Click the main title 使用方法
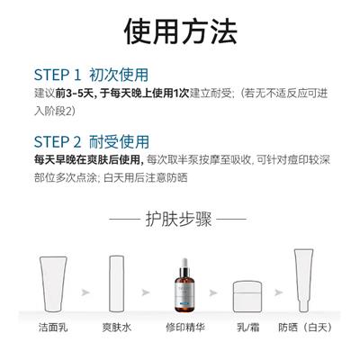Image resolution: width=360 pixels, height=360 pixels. tap(181, 31)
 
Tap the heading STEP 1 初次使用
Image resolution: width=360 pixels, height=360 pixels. tap(91, 75)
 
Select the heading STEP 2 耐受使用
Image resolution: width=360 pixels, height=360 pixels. tap(92, 142)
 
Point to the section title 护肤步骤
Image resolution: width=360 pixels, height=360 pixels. tap(179, 219)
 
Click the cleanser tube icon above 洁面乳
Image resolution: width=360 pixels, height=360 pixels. tap(53, 284)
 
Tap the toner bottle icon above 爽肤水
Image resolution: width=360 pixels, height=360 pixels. tap(116, 283)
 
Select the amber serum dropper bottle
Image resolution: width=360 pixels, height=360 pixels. tap(184, 285)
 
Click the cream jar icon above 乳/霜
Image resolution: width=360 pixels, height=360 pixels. tap(247, 296)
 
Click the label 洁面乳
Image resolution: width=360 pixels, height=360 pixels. tap(53, 327)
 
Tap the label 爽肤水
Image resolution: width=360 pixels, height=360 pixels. tap(117, 327)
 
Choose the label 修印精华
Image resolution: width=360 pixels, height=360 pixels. tap(185, 327)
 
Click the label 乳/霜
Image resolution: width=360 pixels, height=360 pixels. tap(247, 327)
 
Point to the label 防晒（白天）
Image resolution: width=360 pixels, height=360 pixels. tap(305, 327)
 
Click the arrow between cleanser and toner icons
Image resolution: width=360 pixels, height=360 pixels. tap(85, 292)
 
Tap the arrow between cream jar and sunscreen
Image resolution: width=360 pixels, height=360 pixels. tap(278, 292)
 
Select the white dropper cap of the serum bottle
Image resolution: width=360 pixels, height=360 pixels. tap(184, 263)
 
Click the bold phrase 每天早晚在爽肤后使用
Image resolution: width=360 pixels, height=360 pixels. tap(87, 160)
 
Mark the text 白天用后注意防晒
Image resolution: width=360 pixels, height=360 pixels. tap(146, 178)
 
